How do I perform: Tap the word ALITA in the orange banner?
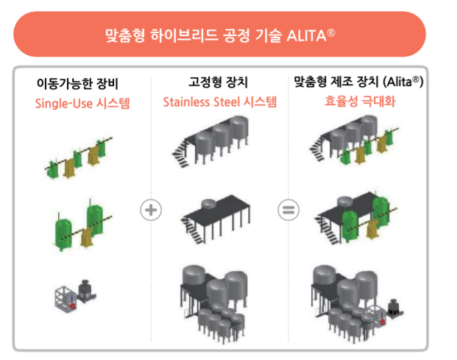point(305,34)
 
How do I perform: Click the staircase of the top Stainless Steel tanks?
point(183,154)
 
